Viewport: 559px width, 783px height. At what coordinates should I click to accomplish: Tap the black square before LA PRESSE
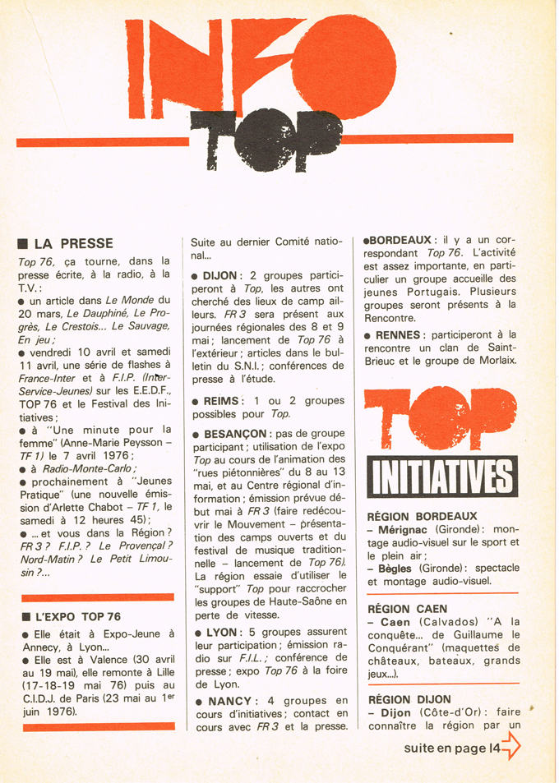point(23,244)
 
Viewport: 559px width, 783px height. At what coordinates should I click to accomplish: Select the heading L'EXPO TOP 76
point(77,616)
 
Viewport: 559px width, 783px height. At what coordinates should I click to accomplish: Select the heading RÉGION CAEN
point(408,609)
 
